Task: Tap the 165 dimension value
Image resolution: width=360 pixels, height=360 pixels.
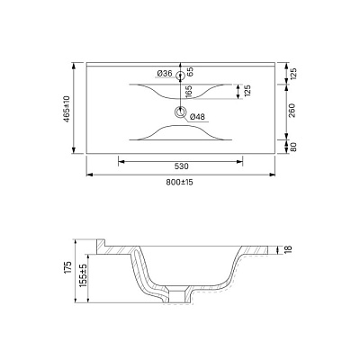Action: coord(188,91)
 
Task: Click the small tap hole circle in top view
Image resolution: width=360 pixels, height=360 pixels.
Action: coord(180,74)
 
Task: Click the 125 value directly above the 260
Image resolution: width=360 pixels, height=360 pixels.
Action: coord(291,73)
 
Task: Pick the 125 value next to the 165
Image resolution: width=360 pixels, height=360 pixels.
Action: coord(245,90)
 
